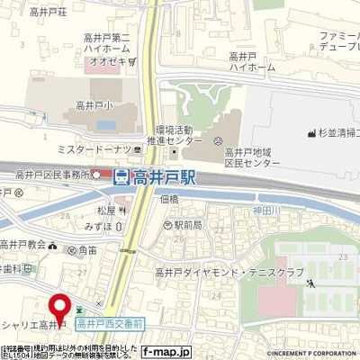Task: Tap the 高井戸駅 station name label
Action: point(164,179)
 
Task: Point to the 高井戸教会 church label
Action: point(23,244)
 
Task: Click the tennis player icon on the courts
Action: point(310,282)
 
